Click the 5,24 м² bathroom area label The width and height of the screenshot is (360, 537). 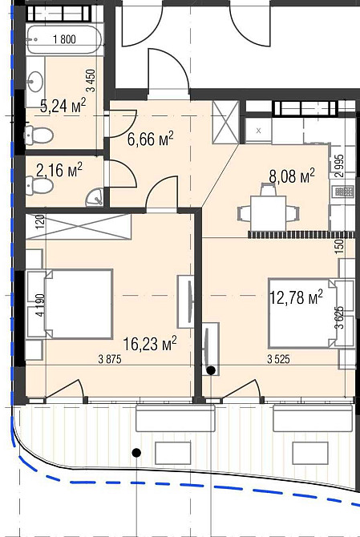(x=63, y=105)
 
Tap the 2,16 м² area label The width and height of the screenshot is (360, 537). (x=59, y=170)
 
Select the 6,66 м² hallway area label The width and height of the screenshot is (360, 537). (x=151, y=139)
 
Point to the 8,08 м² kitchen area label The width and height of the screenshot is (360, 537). (x=292, y=176)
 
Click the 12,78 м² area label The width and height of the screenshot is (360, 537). (x=297, y=297)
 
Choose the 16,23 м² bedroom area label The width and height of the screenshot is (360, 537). (x=150, y=344)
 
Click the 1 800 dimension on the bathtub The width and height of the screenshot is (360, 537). (x=64, y=39)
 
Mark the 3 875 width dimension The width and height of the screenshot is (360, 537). (x=110, y=359)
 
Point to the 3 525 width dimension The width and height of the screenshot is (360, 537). (x=278, y=359)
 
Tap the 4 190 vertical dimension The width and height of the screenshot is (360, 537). (x=40, y=305)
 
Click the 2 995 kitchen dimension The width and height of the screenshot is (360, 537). (x=339, y=165)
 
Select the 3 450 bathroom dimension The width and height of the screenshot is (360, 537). (x=91, y=81)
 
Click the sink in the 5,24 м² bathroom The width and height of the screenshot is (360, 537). (x=35, y=82)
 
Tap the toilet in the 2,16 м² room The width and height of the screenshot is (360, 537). (x=39, y=185)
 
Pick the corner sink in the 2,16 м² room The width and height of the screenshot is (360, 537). (x=95, y=198)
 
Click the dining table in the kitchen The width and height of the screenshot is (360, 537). (x=269, y=213)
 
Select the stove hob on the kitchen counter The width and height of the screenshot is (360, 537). (x=343, y=192)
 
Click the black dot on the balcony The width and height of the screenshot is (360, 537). (x=136, y=453)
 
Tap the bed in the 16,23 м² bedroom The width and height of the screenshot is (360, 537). (x=79, y=304)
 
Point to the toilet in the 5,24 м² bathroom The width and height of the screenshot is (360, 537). (x=39, y=135)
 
